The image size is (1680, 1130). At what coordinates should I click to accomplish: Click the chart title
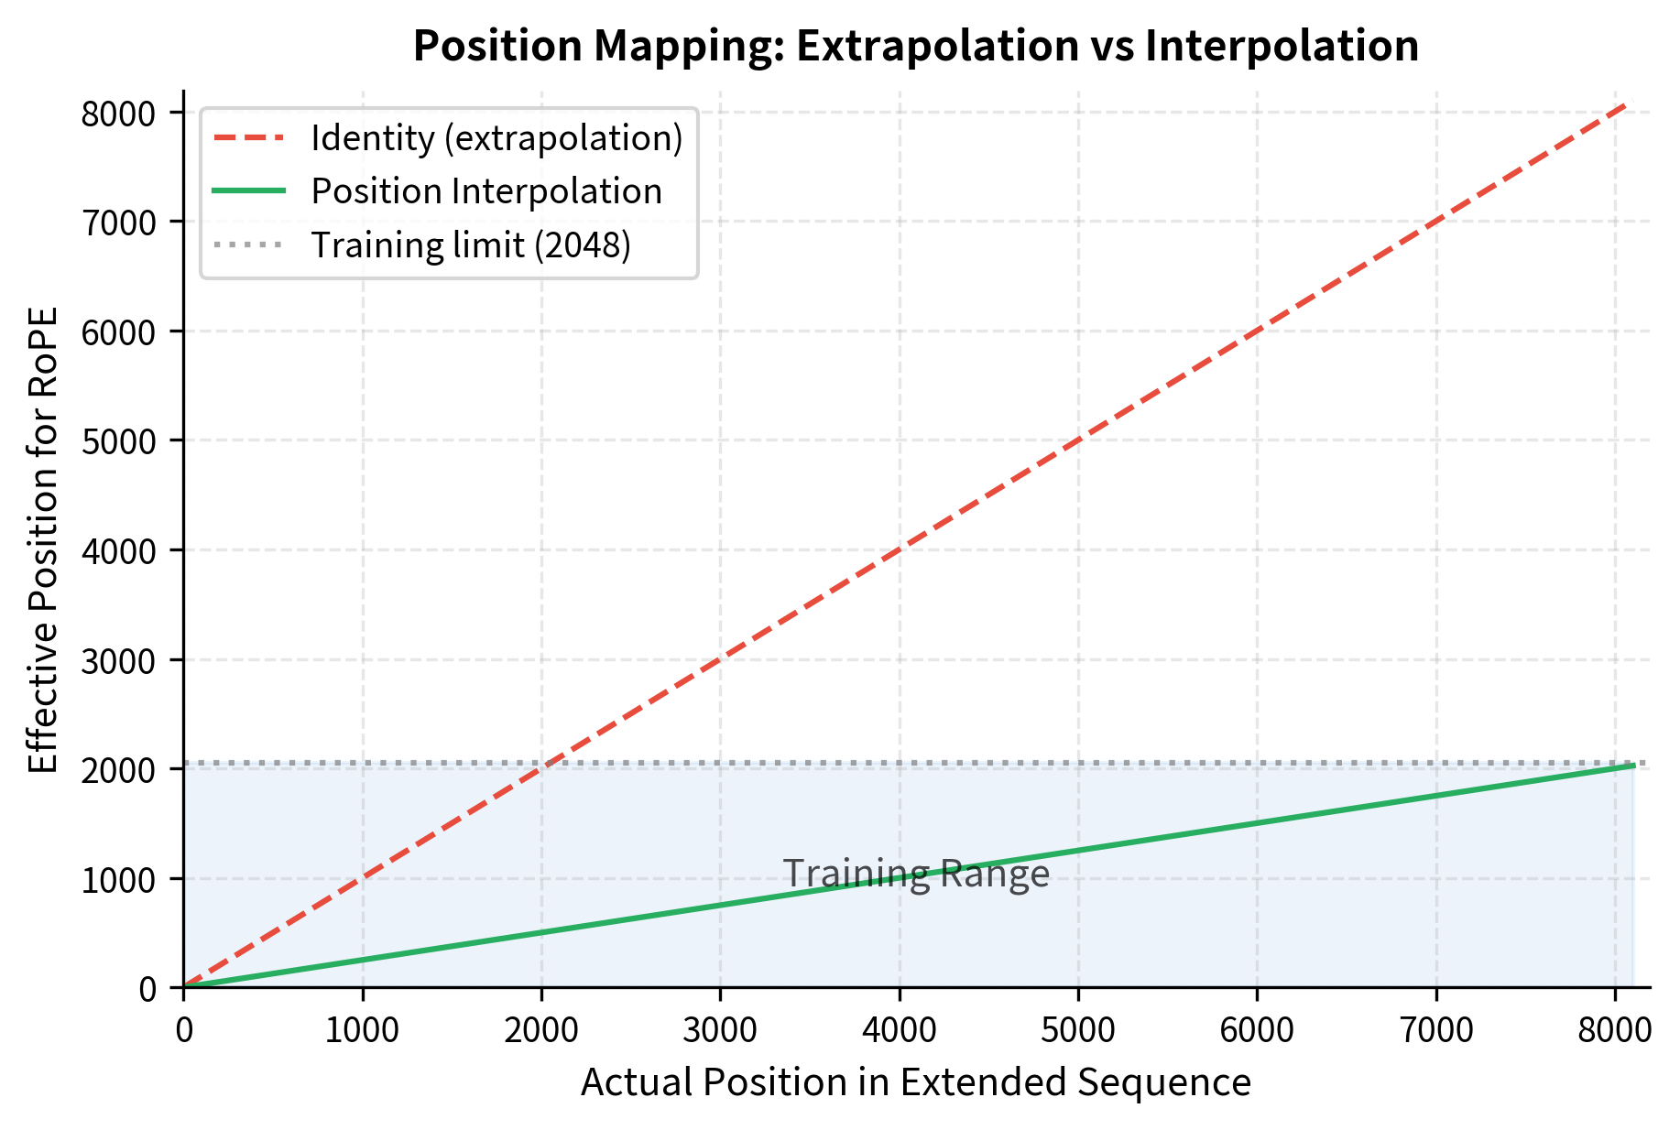[915, 46]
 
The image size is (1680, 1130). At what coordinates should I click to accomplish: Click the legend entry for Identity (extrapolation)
[496, 138]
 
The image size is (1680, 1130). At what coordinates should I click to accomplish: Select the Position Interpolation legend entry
[485, 191]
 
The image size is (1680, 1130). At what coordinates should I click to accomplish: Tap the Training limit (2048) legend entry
[471, 245]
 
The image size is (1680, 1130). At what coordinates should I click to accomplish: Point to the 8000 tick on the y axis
[120, 114]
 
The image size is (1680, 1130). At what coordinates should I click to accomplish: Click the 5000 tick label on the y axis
[120, 441]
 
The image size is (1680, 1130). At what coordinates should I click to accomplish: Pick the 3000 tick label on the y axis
[120, 660]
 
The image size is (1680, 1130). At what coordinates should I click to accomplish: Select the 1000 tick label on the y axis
[120, 879]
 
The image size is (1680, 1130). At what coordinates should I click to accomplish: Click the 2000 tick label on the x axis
[541, 1030]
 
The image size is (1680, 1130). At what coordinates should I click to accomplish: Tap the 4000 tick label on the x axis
[899, 1030]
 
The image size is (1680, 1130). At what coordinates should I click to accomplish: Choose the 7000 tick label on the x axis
[1435, 1030]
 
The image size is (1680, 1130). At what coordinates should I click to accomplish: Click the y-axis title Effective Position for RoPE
[43, 539]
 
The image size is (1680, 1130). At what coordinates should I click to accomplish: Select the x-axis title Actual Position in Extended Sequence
[915, 1082]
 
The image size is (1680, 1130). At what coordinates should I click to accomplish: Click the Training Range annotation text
[915, 875]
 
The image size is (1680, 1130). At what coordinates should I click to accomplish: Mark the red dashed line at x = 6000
[1257, 331]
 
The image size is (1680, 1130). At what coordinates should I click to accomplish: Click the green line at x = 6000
[1257, 823]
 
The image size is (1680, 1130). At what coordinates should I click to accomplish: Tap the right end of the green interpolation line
[1632, 766]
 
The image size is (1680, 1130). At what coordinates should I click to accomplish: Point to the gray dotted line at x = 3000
[720, 763]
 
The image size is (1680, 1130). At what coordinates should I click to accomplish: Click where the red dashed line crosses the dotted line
[550, 763]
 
